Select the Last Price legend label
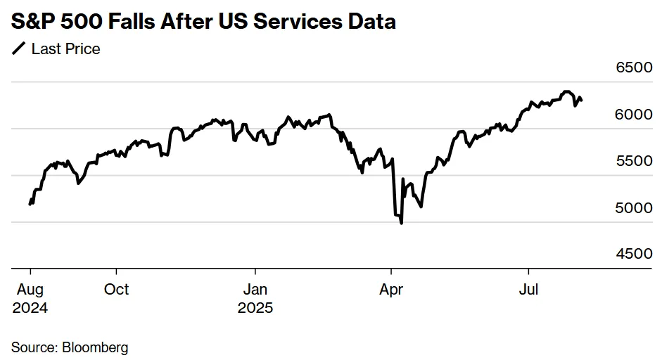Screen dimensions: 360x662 (x=65, y=49)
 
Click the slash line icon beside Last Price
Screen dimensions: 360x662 (x=18, y=49)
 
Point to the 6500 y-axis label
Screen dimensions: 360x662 (x=635, y=67)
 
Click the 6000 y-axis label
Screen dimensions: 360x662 (x=635, y=114)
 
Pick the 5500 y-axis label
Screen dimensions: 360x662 (x=635, y=160)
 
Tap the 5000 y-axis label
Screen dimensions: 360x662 (x=635, y=207)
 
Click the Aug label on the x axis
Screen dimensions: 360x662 (x=30, y=289)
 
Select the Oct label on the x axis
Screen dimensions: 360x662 (x=117, y=289)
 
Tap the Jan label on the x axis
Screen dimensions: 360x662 (x=255, y=289)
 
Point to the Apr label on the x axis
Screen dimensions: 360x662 (x=391, y=289)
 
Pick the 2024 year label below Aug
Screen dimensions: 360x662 (x=30, y=308)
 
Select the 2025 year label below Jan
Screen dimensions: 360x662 (x=255, y=308)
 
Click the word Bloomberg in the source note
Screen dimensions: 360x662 (x=95, y=347)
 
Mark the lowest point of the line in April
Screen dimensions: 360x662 (x=401, y=223)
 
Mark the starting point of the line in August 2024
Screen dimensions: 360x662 (x=30, y=204)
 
